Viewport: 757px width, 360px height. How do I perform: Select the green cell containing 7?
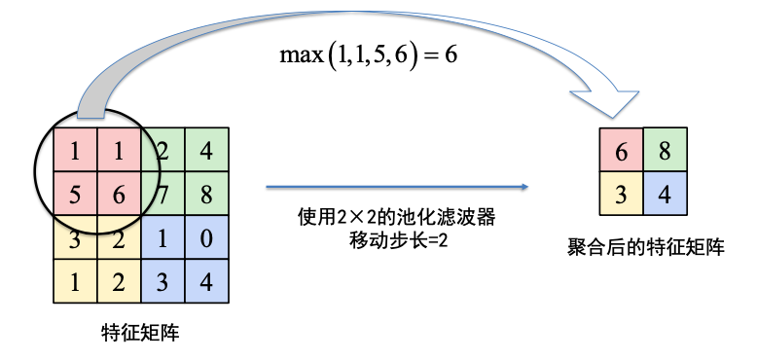point(164,194)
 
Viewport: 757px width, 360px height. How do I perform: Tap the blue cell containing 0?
point(206,238)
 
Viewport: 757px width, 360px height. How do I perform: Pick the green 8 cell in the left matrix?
point(206,194)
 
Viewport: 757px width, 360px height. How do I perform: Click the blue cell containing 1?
point(164,238)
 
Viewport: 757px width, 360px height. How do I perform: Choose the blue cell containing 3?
point(164,282)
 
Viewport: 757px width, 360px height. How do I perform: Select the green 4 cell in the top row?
point(206,150)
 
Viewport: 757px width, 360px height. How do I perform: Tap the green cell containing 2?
point(164,150)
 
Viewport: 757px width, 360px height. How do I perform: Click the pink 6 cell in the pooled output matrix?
point(620,151)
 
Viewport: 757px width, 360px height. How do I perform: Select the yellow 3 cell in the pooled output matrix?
point(620,195)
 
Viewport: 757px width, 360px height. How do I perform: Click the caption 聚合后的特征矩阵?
point(644,246)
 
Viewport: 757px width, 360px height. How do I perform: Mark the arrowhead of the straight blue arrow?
point(523,187)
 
